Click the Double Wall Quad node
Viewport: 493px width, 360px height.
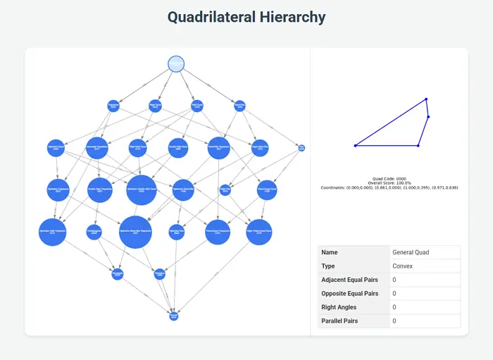point(178,148)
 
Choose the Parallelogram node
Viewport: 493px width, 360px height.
point(95,232)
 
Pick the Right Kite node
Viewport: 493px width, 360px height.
point(225,190)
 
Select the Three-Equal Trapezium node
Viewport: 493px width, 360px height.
point(218,232)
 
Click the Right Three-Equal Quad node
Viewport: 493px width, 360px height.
point(259,232)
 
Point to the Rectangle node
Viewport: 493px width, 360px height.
point(118,274)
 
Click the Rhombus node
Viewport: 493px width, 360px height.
point(159,274)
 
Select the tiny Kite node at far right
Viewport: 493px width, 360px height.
point(301,148)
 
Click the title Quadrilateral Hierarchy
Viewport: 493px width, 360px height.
point(246,16)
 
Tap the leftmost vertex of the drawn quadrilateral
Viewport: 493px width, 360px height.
point(355,146)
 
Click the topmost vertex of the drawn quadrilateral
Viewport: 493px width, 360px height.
point(426,99)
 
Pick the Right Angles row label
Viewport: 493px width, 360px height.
point(339,307)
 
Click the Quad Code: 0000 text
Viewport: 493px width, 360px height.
point(389,179)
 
